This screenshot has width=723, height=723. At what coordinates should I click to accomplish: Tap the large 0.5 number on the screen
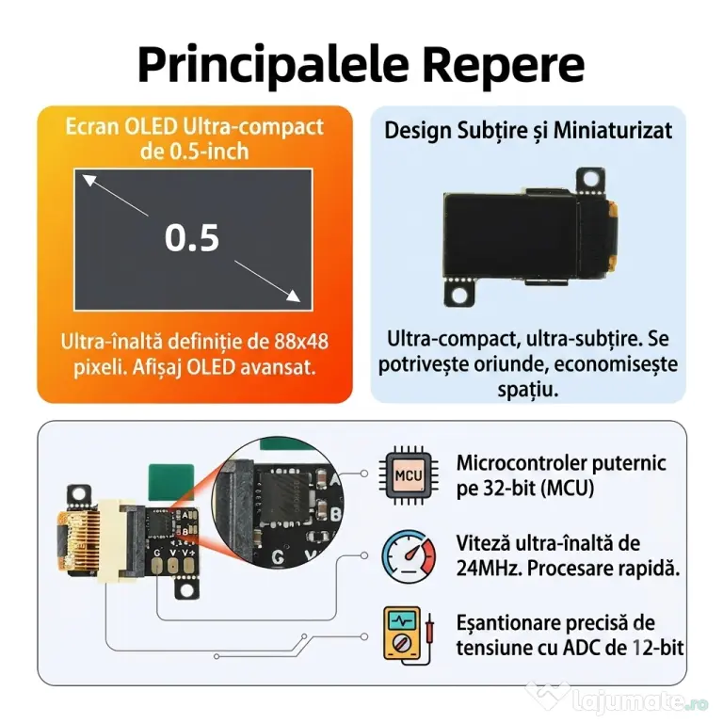192,238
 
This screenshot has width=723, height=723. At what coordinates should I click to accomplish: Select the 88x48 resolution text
301,342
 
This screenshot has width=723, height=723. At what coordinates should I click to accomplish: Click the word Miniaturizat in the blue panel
612,130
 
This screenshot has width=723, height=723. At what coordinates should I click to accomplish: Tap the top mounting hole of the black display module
590,179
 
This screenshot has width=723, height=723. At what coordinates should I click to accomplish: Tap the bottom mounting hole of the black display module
459,294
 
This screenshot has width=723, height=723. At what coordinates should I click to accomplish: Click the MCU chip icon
409,475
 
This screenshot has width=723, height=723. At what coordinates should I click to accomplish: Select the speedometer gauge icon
409,556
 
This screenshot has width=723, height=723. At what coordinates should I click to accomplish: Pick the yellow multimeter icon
408,635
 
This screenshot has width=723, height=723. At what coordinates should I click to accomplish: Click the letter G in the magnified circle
278,557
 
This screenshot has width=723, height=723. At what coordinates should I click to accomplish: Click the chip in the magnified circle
285,497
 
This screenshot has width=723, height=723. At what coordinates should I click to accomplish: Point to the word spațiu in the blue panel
528,389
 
